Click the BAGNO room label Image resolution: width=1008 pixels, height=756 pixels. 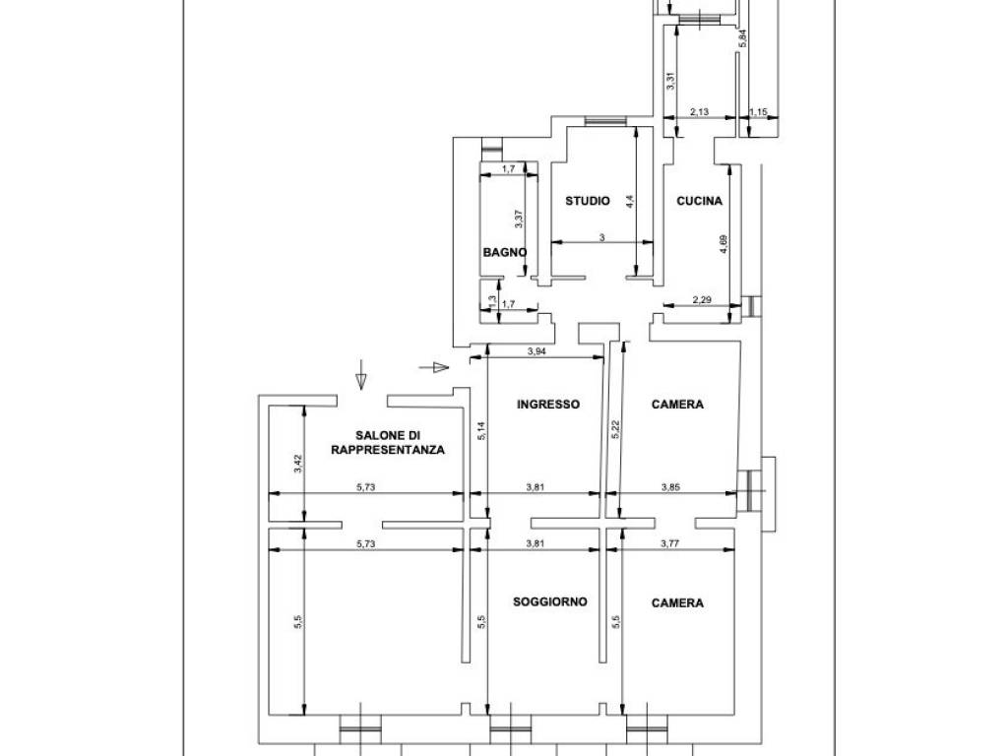coord(504,252)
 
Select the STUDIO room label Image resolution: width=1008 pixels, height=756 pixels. coord(587,201)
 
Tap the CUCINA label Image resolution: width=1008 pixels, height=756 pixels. coord(699,201)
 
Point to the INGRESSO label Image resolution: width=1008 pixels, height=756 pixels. coord(548,404)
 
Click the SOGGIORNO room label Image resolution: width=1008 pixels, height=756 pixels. coord(550,601)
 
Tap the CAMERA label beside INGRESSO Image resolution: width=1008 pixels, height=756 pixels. coord(677,404)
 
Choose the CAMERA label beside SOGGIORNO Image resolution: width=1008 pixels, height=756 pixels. coord(677,602)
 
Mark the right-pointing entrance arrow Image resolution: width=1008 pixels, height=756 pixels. coord(433,368)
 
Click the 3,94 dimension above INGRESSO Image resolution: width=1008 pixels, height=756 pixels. coord(536,351)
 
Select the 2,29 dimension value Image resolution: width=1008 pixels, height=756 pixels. coord(703,300)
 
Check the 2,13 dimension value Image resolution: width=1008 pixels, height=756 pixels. coord(700,112)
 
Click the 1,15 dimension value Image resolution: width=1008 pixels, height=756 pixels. coord(758,112)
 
